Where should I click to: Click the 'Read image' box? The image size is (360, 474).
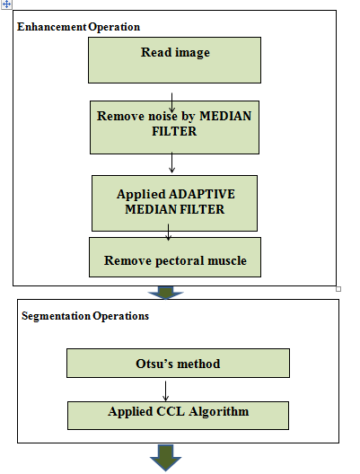174,60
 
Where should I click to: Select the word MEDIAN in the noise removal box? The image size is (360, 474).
225,116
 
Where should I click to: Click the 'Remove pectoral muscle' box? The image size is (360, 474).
175,257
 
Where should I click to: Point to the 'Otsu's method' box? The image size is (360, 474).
178,363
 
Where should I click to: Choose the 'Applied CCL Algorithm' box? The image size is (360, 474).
178,416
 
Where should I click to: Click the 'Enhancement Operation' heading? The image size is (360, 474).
79,27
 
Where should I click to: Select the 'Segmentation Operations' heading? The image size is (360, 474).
85,316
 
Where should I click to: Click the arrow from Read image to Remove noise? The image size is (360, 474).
171,102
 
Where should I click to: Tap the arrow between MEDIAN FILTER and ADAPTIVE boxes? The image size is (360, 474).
171,162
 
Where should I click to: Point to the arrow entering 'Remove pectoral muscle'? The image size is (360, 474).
169,233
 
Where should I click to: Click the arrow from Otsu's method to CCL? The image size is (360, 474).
165,391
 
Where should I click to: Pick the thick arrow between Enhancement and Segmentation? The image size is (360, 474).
165,293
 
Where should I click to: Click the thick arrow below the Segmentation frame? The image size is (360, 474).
165,458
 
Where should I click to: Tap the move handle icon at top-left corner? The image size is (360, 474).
6,4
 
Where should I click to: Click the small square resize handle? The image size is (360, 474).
338,289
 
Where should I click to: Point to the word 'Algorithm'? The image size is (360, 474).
219,412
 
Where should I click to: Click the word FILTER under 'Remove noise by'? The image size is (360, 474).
174,131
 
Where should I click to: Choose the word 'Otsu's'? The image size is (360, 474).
154,364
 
